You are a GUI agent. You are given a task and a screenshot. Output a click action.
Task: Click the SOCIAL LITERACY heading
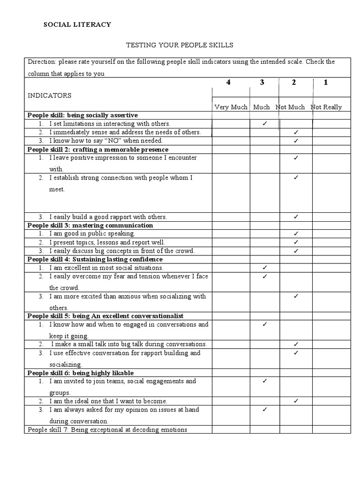pos(77,24)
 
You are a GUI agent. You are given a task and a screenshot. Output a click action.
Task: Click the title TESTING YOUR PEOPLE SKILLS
pos(180,45)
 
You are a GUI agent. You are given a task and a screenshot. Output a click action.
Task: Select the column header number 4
pos(228,82)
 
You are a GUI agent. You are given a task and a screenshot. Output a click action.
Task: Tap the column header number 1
pos(325,82)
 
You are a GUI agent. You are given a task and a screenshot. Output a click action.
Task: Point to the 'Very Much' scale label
pos(231,107)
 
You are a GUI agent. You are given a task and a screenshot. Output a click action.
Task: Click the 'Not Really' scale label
pos(326,107)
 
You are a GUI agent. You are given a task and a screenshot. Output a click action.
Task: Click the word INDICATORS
pos(49,96)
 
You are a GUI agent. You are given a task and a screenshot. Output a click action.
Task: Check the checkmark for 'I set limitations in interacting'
pos(265,123)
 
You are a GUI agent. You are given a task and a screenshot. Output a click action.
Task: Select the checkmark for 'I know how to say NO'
pos(296,140)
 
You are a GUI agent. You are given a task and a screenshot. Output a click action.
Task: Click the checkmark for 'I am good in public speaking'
pos(296,233)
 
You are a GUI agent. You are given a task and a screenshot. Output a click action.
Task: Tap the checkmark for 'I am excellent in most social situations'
pos(265,267)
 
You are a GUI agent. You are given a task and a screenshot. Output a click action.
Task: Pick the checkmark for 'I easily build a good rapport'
pos(296,216)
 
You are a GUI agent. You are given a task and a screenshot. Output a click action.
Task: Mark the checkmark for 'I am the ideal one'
pos(296,401)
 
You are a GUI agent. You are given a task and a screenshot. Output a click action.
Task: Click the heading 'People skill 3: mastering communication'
pos(90,225)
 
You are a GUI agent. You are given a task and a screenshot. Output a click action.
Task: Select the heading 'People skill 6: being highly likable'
pos(81,373)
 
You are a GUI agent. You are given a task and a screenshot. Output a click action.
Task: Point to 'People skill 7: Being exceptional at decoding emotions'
pos(107,429)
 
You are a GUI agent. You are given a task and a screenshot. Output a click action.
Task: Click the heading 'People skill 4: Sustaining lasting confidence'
pos(95,259)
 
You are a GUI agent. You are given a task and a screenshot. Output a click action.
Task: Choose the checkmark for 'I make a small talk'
pos(296,344)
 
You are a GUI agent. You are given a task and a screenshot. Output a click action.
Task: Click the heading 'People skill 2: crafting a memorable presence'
pos(97,149)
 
